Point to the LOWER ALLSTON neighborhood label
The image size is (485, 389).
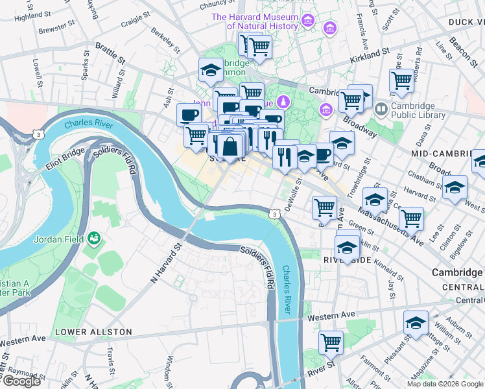tap(93, 332)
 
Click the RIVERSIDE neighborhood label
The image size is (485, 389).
tap(348, 260)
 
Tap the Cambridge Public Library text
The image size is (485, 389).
tap(418, 111)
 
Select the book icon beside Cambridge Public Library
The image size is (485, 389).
tap(382, 110)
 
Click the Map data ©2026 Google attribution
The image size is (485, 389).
tap(445, 384)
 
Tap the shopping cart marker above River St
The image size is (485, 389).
tap(331, 342)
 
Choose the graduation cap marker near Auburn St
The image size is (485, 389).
tap(416, 323)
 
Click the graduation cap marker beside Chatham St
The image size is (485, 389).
tap(455, 187)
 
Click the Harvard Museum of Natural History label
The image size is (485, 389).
tap(263, 21)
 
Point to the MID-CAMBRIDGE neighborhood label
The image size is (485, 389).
tap(447, 154)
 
